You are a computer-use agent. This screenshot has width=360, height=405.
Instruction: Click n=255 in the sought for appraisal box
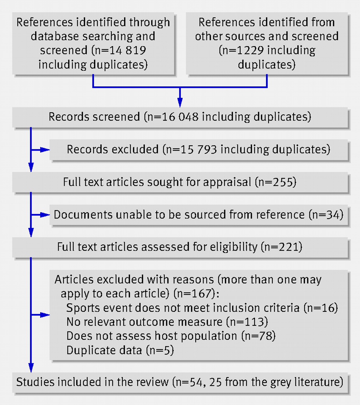276,182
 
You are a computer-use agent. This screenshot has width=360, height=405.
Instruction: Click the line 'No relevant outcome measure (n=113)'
167,322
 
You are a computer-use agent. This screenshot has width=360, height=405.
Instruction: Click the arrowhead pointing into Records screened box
180,102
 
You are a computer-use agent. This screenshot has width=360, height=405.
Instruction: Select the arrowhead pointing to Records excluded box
45,150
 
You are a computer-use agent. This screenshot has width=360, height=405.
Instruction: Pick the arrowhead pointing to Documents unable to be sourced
45,215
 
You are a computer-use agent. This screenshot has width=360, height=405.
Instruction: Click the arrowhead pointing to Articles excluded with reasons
45,315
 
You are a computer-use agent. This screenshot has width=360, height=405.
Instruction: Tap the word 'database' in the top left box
55,36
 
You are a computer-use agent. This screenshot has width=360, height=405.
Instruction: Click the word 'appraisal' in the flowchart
227,182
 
